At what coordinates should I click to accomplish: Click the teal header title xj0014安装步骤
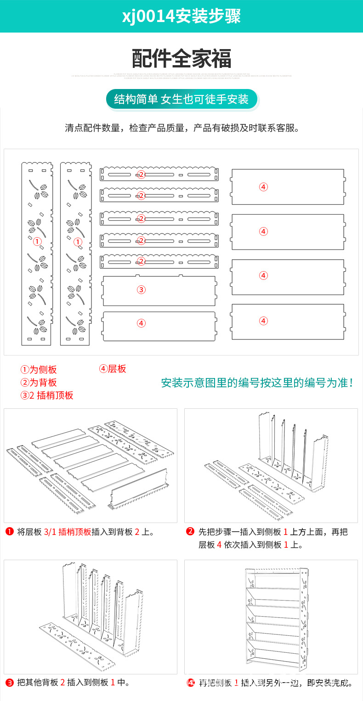181,17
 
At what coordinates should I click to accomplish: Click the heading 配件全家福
181,59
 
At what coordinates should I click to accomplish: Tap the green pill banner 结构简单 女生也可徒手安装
181,99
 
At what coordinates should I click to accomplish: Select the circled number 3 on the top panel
141,289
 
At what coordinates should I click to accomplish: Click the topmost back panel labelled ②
159,174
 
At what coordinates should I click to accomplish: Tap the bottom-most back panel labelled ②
159,261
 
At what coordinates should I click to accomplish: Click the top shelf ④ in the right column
288,187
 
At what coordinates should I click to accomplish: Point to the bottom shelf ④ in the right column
288,322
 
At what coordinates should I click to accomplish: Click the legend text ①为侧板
39,370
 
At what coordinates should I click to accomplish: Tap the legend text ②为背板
39,383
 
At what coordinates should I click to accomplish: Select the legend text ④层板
113,369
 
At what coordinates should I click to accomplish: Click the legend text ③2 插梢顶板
46,395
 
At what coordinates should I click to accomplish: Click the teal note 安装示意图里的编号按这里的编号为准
258,383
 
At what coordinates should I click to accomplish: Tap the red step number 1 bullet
9,532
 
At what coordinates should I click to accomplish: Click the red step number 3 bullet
9,682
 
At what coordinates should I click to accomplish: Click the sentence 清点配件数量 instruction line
182,128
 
